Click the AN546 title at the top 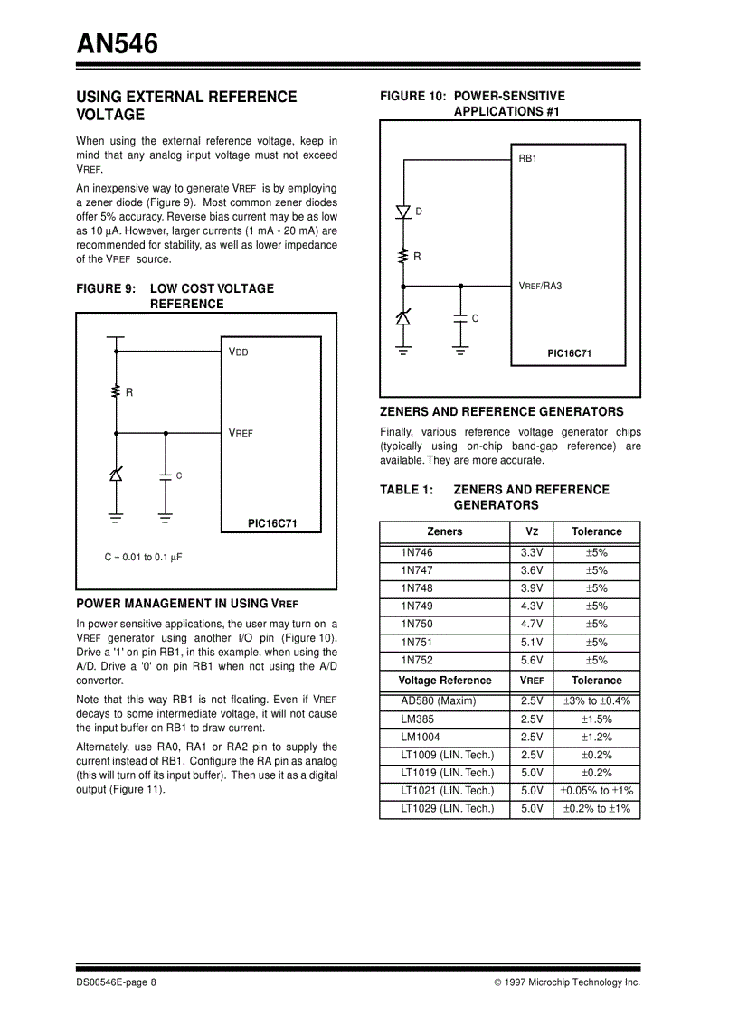tap(117, 42)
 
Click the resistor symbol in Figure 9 tap(116, 391)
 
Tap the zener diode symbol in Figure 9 tap(116, 475)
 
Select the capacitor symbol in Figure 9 tap(165, 475)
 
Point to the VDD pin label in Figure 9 tap(239, 352)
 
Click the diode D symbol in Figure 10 tap(403, 211)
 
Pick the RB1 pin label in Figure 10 tap(527, 158)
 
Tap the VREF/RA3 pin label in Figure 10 tap(540, 286)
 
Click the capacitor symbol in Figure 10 tap(461, 318)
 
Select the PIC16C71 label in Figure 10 tap(569, 353)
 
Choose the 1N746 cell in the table tap(417, 552)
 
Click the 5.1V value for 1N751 tap(532, 642)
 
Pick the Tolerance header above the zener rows tap(596, 531)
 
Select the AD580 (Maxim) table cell tap(438, 700)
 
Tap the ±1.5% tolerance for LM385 tap(596, 719)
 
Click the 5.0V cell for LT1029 tap(532, 809)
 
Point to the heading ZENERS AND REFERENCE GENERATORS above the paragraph tap(501, 411)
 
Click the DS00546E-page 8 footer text tap(117, 982)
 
